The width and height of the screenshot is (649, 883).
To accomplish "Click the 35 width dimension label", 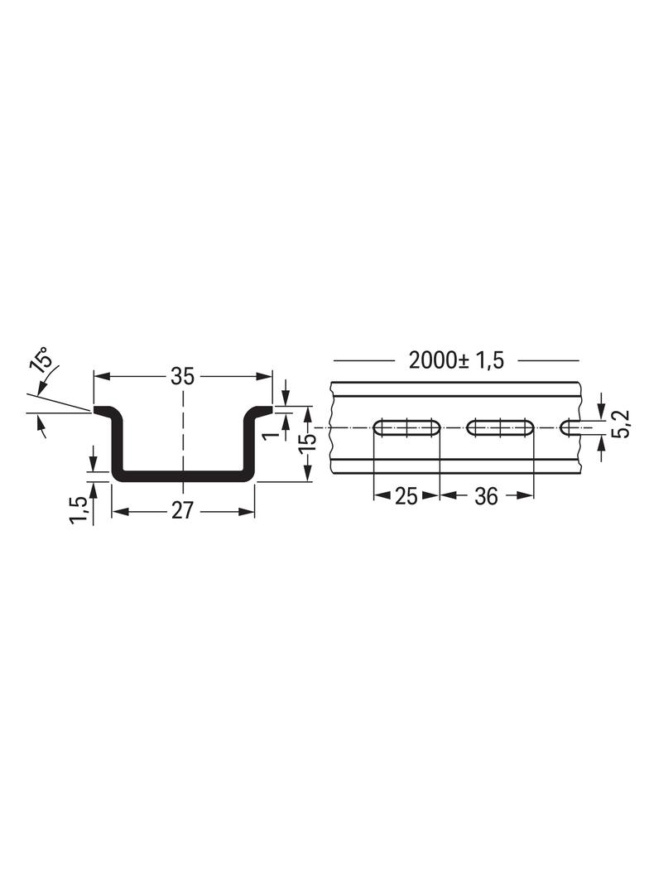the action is [183, 376].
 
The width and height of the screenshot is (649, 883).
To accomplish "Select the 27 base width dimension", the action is [182, 511].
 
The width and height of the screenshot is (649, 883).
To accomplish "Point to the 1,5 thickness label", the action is [79, 510].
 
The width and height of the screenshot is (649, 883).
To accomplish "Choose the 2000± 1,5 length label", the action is [456, 360].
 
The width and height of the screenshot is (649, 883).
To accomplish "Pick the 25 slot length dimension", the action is [406, 496].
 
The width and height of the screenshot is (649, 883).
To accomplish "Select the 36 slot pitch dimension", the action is [486, 496].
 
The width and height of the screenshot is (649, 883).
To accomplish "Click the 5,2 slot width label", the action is [623, 424].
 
